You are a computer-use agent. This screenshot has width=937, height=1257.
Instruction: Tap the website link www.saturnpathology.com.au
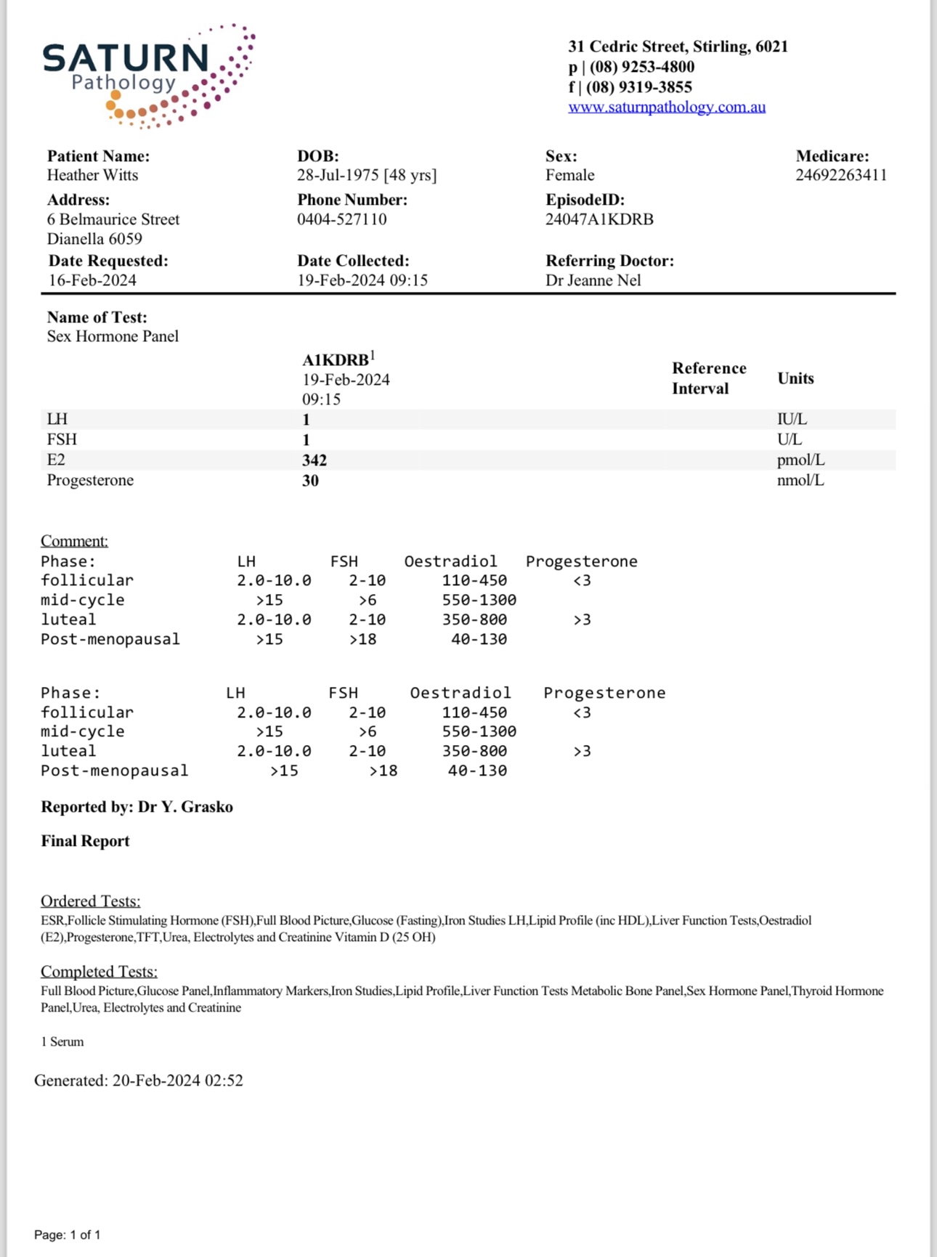coord(666,107)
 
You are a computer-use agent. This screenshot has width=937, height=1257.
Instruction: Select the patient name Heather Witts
coord(92,176)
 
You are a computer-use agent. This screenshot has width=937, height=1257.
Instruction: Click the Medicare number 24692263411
coord(840,176)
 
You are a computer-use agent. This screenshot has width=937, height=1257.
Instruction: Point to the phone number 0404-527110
coord(341,219)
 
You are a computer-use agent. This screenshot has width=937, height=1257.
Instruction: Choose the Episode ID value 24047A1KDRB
coord(599,219)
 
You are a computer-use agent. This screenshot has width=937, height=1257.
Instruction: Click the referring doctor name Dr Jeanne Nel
coord(593,280)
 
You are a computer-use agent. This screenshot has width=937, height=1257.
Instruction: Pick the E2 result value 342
coord(315,460)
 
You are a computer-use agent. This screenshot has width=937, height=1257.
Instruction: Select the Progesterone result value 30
coord(310,481)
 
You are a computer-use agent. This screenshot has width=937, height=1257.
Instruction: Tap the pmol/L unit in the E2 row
coord(800,460)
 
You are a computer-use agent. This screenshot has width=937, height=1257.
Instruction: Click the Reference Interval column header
coord(708,378)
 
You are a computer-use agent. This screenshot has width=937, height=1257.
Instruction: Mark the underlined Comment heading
coord(74,541)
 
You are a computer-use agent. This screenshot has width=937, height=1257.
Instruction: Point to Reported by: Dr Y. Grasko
coord(137,808)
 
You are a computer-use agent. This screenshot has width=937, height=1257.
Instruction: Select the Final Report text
coord(85,841)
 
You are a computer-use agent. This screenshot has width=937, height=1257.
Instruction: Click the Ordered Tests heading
coord(90,901)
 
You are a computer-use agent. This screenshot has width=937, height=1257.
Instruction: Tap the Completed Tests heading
coord(99,972)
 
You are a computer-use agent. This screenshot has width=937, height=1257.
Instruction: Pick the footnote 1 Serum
coord(62,1042)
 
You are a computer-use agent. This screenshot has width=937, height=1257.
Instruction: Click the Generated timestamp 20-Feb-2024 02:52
coord(177,1081)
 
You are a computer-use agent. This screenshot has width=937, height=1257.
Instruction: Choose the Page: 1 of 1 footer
coord(68,1234)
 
